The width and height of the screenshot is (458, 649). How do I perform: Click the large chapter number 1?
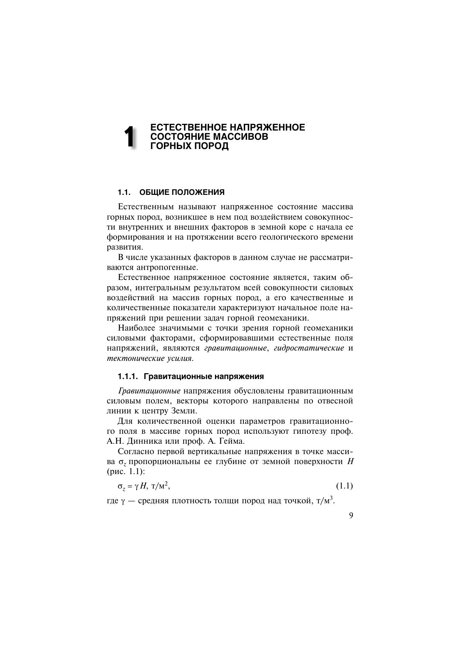click(129, 137)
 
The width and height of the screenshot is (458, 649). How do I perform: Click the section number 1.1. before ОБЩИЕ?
click(124, 192)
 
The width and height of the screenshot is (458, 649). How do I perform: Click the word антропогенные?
click(162, 267)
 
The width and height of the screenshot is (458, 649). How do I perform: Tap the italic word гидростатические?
click(309, 348)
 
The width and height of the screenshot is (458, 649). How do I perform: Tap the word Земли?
click(185, 411)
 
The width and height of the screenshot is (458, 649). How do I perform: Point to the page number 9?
click(351, 516)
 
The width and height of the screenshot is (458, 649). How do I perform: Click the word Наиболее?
click(135, 328)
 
